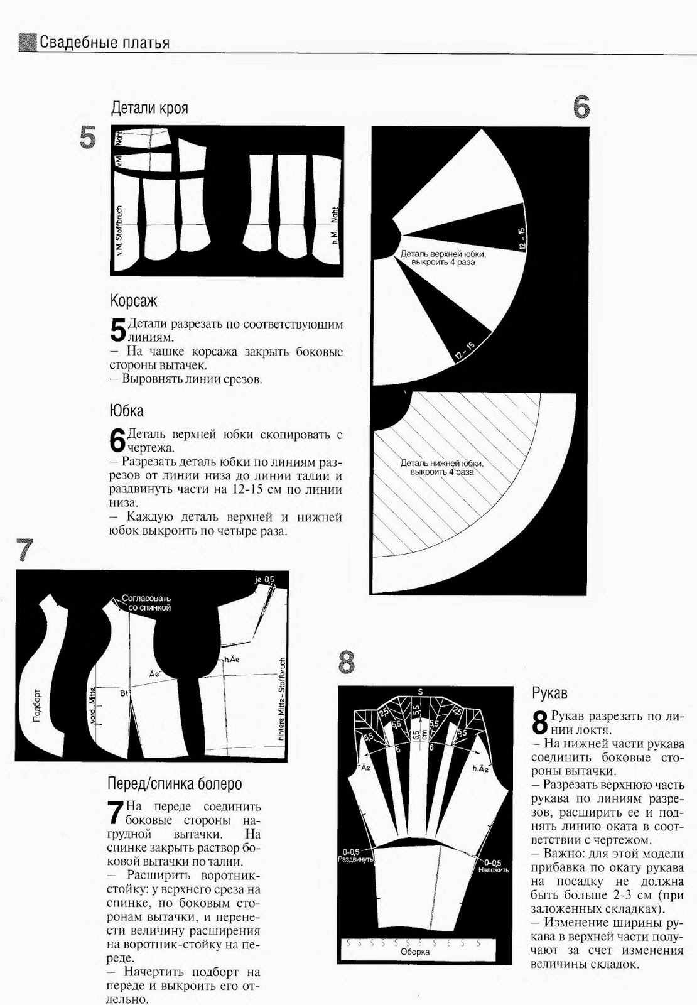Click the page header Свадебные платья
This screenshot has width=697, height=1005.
[x=104, y=43]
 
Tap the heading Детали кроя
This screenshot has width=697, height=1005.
[x=149, y=108]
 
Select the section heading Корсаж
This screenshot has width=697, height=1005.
[x=134, y=300]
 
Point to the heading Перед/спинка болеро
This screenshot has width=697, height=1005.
[x=175, y=784]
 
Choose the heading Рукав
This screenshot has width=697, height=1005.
[x=549, y=693]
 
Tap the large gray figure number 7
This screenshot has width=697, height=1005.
[x=25, y=550]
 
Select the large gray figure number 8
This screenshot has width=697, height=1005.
[x=346, y=662]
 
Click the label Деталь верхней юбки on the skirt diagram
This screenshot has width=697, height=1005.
[x=443, y=254]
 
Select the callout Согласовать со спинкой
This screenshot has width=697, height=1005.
[x=146, y=603]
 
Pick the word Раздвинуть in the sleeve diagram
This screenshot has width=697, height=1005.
[x=356, y=859]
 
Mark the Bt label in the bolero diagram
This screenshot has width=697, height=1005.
[x=124, y=693]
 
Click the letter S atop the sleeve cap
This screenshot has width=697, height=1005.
[x=420, y=692]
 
